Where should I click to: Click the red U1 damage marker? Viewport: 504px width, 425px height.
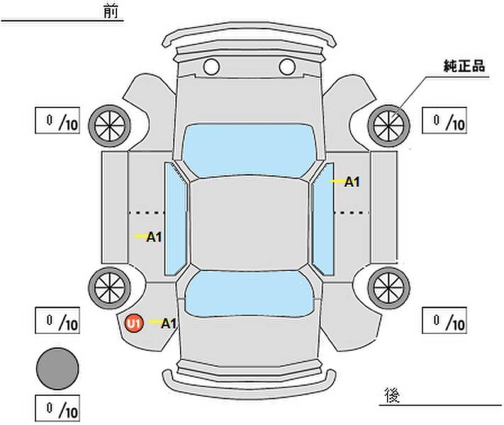coord(134,323)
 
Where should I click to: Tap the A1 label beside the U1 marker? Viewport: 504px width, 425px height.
coord(169,324)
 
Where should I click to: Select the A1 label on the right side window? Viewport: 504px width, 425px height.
coord(352,182)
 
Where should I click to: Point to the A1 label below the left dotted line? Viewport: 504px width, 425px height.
coord(154,237)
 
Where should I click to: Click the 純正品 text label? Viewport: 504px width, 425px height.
coord(464,66)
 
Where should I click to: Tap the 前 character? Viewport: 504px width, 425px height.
coord(111,11)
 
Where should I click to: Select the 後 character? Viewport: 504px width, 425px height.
coord(392,395)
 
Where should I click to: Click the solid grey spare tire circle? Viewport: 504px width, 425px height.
coord(57,369)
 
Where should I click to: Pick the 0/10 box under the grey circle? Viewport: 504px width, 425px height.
coord(57,408)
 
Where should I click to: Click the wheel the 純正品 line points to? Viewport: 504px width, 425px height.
coord(388,125)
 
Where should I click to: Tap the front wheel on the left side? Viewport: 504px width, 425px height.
coord(110,126)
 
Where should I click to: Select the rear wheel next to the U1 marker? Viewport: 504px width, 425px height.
coord(110,288)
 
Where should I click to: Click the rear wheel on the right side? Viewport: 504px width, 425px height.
coord(388,288)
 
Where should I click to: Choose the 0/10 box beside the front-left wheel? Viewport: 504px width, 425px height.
coord(57,120)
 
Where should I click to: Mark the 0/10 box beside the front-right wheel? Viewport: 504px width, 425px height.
coord(444,120)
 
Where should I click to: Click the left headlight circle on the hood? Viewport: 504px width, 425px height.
coord(211,67)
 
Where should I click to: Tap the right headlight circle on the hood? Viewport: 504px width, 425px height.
coord(287,67)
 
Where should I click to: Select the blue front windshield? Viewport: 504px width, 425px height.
coord(249,150)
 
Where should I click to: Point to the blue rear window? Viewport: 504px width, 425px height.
coord(249,294)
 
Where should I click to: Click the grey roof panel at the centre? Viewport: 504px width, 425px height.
coord(249,224)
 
